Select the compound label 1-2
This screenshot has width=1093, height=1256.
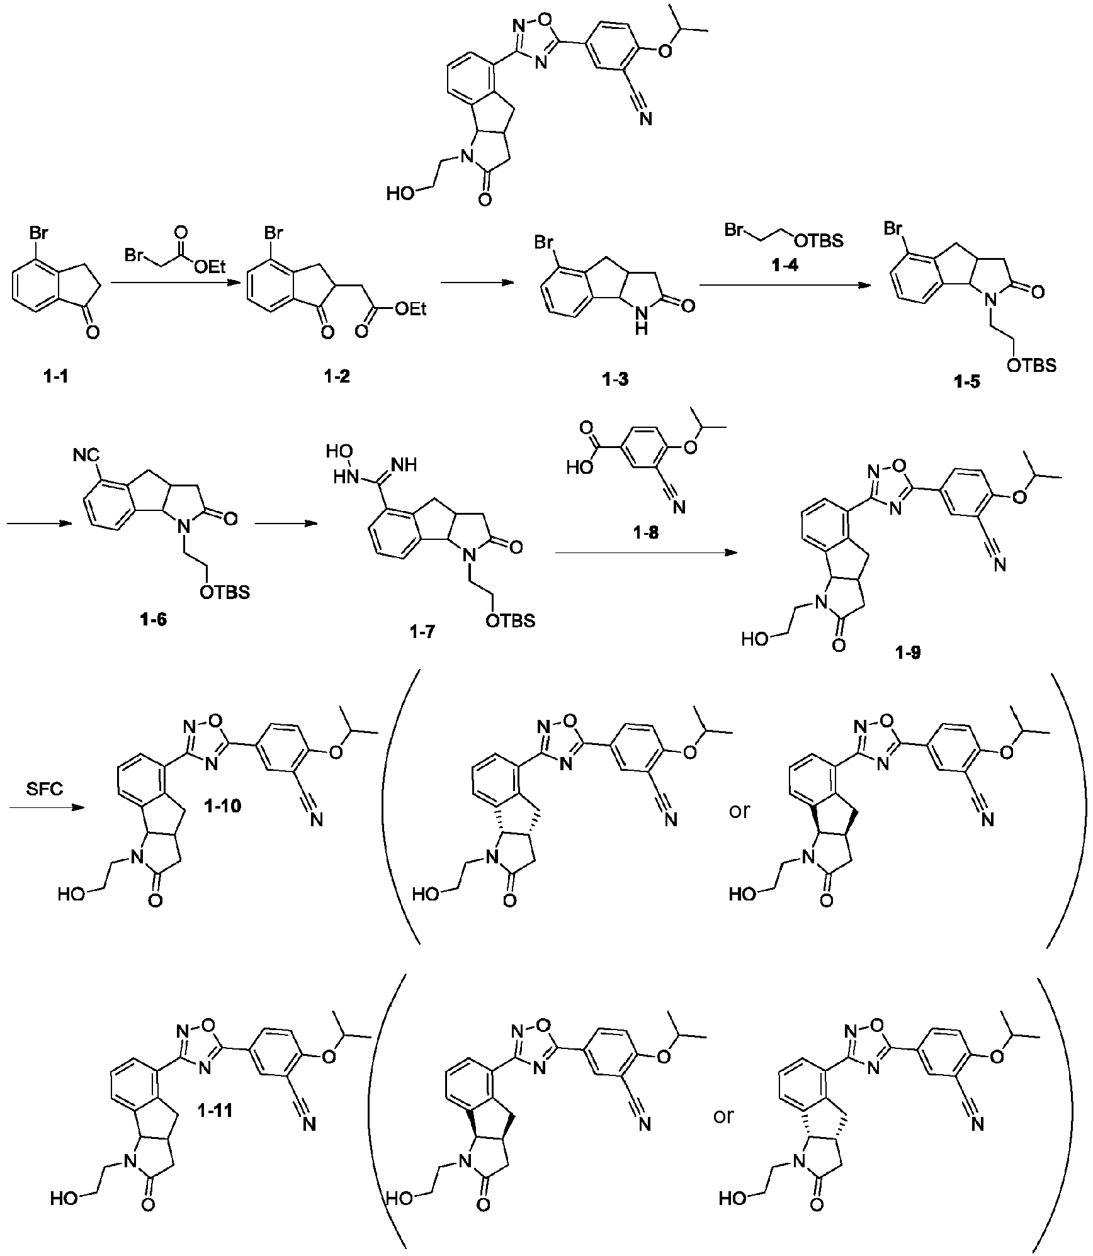click(x=337, y=377)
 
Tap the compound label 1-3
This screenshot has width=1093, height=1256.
click(x=614, y=379)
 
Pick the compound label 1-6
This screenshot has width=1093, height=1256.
click(x=154, y=620)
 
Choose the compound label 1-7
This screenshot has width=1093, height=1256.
click(x=422, y=632)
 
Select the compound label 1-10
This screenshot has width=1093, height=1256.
click(x=222, y=806)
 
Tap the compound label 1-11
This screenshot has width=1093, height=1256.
click(x=214, y=1111)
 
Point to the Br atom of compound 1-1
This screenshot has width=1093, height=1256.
click(x=38, y=233)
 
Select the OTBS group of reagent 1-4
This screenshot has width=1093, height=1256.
click(x=819, y=240)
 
